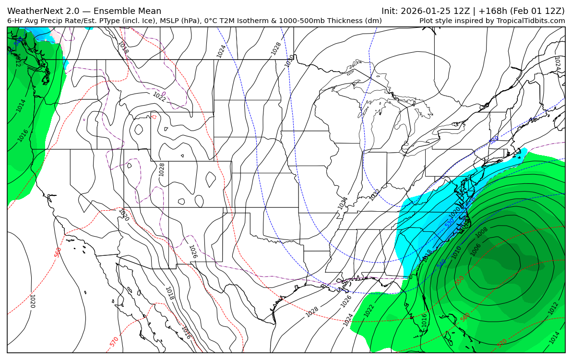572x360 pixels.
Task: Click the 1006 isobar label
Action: click(475, 250)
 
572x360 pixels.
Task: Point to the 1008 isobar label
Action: click(482, 232)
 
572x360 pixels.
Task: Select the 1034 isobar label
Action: click(343, 203)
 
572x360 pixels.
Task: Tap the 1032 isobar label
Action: click(374, 195)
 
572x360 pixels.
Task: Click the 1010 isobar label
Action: click(456, 252)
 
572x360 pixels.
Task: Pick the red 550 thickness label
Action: click(460, 280)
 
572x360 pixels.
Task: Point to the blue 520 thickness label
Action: click(494, 140)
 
